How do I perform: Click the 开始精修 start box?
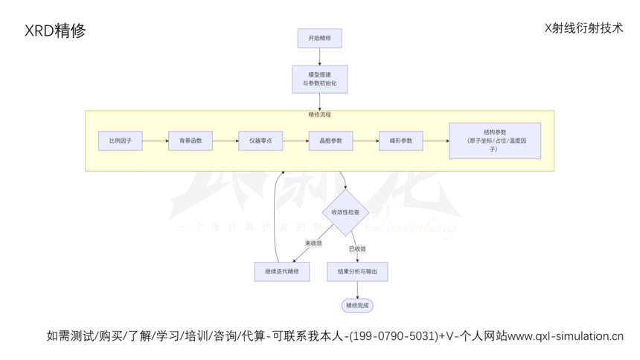point(319,38)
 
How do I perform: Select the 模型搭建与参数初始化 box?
point(319,79)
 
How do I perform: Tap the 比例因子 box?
point(120,141)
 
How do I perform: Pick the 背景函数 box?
point(191,141)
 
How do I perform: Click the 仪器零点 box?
point(260,141)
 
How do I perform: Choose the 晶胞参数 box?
point(330,141)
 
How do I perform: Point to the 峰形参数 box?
point(400,141)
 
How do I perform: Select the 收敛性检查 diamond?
point(345,213)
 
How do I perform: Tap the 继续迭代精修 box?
point(281,271)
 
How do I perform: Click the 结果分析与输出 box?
point(357,271)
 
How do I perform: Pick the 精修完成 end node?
point(357,305)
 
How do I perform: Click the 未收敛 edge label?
point(313,243)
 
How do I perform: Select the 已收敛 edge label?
point(357,248)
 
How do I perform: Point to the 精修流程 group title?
point(319,115)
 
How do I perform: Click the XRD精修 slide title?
point(55,31)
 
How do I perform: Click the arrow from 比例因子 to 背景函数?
point(155,141)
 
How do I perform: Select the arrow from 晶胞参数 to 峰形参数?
point(365,141)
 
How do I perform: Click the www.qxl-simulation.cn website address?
point(566,336)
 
